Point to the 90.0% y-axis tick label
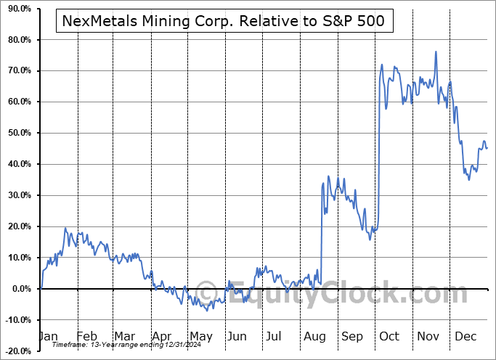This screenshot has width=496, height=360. pos(18,9)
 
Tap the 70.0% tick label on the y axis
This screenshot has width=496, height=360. pos(18,70)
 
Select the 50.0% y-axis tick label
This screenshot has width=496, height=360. pos(18,133)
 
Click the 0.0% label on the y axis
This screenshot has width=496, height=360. pos(20,289)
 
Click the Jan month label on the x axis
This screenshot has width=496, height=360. pos(48,337)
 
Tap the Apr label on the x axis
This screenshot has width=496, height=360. pos(161,337)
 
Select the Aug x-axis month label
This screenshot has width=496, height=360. pos(314,337)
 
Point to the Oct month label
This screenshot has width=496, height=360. pos(389,337)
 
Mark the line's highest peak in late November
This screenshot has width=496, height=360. pos(436,52)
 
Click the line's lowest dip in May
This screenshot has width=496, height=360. pos(207,311)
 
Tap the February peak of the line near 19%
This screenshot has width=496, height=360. pos(65,229)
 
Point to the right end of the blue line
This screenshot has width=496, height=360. pos(487,148)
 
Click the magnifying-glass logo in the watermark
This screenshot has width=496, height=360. pos(206,293)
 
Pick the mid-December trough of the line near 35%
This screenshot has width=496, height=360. pos(468,179)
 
